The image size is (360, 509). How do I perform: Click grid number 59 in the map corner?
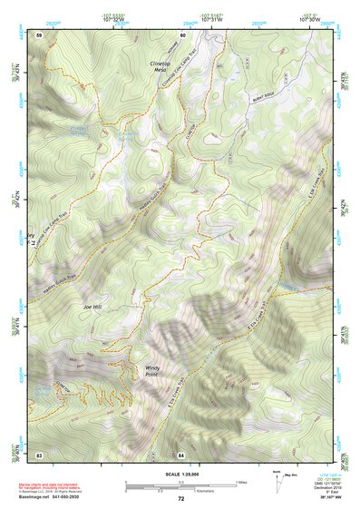pos(39,34)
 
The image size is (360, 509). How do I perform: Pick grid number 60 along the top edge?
pos(182,34)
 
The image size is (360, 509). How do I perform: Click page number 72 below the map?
pos(180,499)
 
